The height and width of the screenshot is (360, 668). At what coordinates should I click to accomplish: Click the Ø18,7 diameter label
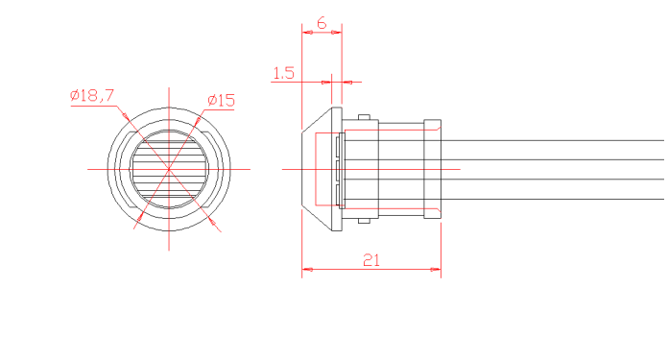click(92, 95)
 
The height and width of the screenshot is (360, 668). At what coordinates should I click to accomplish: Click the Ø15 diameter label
click(221, 101)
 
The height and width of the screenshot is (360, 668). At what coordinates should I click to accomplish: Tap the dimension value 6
click(322, 23)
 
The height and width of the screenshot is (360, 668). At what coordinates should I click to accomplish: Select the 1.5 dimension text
click(283, 73)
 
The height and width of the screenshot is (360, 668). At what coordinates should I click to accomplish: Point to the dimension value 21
click(371, 260)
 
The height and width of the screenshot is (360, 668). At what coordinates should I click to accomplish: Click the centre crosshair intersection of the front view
click(169, 169)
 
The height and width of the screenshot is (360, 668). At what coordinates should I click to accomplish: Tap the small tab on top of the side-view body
click(364, 117)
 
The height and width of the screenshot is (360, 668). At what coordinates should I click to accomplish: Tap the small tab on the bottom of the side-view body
click(364, 221)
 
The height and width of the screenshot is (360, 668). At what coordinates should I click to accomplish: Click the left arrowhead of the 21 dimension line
click(307, 269)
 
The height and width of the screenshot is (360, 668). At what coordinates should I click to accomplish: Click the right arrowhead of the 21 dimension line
click(436, 269)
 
